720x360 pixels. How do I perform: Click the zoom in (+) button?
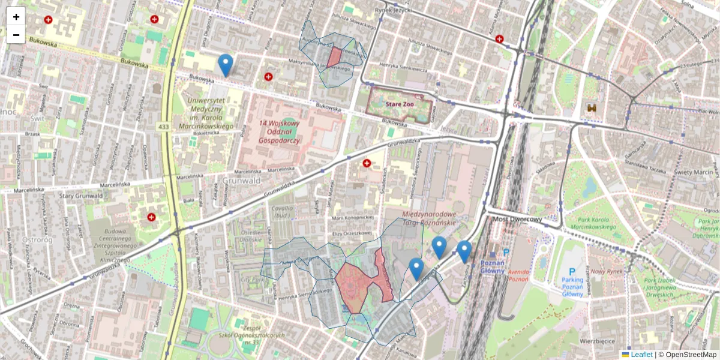(16, 16)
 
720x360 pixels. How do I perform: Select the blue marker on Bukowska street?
(225, 65)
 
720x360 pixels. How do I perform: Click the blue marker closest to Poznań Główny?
(464, 251)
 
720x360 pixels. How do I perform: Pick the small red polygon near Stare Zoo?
(334, 58)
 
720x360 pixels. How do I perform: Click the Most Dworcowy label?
(517, 219)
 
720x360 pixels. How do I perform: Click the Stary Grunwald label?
(82, 196)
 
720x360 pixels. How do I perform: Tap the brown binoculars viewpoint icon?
(592, 107)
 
